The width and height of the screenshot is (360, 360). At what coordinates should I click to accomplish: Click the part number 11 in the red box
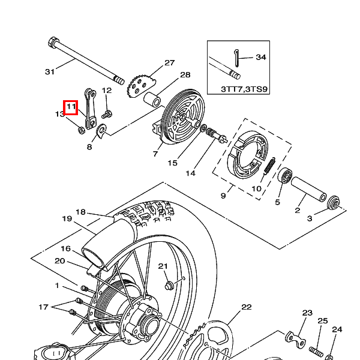tap(71, 107)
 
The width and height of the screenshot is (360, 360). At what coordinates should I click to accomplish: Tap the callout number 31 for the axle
tap(50, 72)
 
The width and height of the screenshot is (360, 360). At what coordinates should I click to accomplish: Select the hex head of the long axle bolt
tap(53, 42)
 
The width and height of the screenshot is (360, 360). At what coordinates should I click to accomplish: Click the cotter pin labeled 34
tap(237, 58)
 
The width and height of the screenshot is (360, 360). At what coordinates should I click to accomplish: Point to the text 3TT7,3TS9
tap(244, 89)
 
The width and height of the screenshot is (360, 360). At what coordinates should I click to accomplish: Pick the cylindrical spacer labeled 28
tap(152, 99)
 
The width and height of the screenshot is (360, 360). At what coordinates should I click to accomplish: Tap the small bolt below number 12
tap(107, 114)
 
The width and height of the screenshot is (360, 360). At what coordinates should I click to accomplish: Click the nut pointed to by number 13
tap(81, 131)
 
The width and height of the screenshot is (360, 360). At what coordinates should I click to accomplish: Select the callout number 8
tap(89, 147)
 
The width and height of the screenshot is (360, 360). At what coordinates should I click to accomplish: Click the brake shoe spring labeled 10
tap(269, 166)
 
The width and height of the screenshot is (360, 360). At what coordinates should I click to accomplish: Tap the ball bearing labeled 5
tap(284, 176)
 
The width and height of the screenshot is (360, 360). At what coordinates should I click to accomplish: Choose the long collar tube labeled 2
tap(309, 190)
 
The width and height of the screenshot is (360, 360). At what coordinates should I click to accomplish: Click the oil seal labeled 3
tap(334, 203)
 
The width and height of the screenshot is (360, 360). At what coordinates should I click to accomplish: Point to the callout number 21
tap(163, 266)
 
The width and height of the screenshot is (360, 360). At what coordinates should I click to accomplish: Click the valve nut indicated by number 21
tap(169, 286)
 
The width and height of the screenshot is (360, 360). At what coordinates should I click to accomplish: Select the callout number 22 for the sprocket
tap(247, 307)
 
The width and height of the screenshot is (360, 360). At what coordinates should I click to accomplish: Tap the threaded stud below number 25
tap(316, 351)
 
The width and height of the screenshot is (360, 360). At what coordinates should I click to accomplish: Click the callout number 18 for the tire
tap(80, 212)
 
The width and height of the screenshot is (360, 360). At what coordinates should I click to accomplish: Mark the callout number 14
tap(190, 173)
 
